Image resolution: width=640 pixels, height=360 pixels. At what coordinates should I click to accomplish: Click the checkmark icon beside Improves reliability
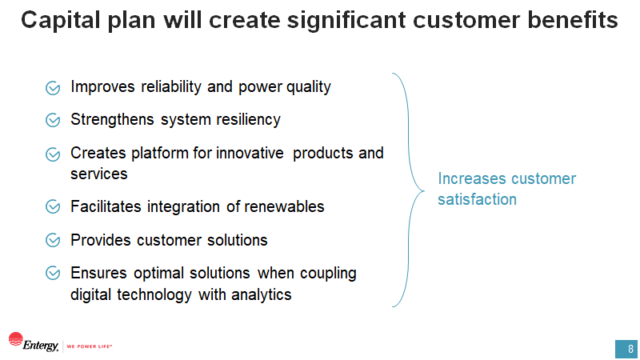54,87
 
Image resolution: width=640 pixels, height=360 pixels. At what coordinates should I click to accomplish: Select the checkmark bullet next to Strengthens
54,120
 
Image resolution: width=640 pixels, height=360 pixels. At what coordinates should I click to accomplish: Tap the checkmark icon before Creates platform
54,153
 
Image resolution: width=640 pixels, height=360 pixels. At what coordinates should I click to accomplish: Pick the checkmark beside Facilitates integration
54,207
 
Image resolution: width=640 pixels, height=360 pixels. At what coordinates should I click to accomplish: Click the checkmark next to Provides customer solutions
54,240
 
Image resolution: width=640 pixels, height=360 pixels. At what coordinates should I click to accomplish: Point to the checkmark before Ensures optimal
54,273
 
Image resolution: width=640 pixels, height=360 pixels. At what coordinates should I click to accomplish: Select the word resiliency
249,119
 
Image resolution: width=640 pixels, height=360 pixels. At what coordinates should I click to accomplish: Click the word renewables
284,206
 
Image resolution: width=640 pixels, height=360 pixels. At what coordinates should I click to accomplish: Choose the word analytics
262,294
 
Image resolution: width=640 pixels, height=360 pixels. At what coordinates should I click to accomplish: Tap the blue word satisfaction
477,199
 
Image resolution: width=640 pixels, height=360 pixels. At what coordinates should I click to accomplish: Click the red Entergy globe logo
16,339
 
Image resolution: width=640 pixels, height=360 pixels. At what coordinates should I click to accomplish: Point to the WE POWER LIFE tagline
89,347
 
